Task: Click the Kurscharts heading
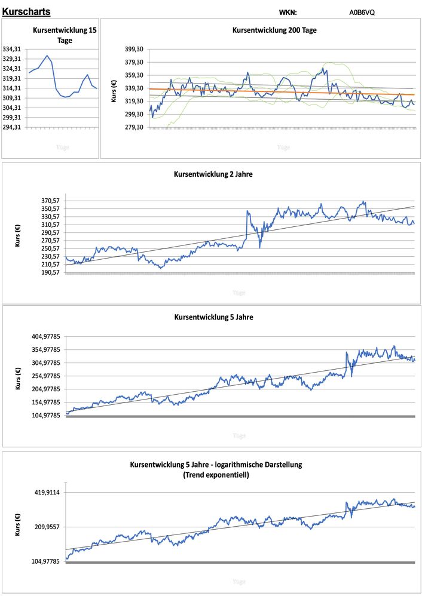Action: coord(26,11)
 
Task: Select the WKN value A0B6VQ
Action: coord(362,12)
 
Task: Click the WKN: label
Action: coord(288,12)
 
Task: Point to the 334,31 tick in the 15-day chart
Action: coord(13,49)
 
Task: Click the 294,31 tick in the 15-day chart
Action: coord(13,127)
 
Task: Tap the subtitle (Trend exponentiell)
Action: coord(216,475)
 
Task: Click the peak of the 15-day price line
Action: coord(47,56)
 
